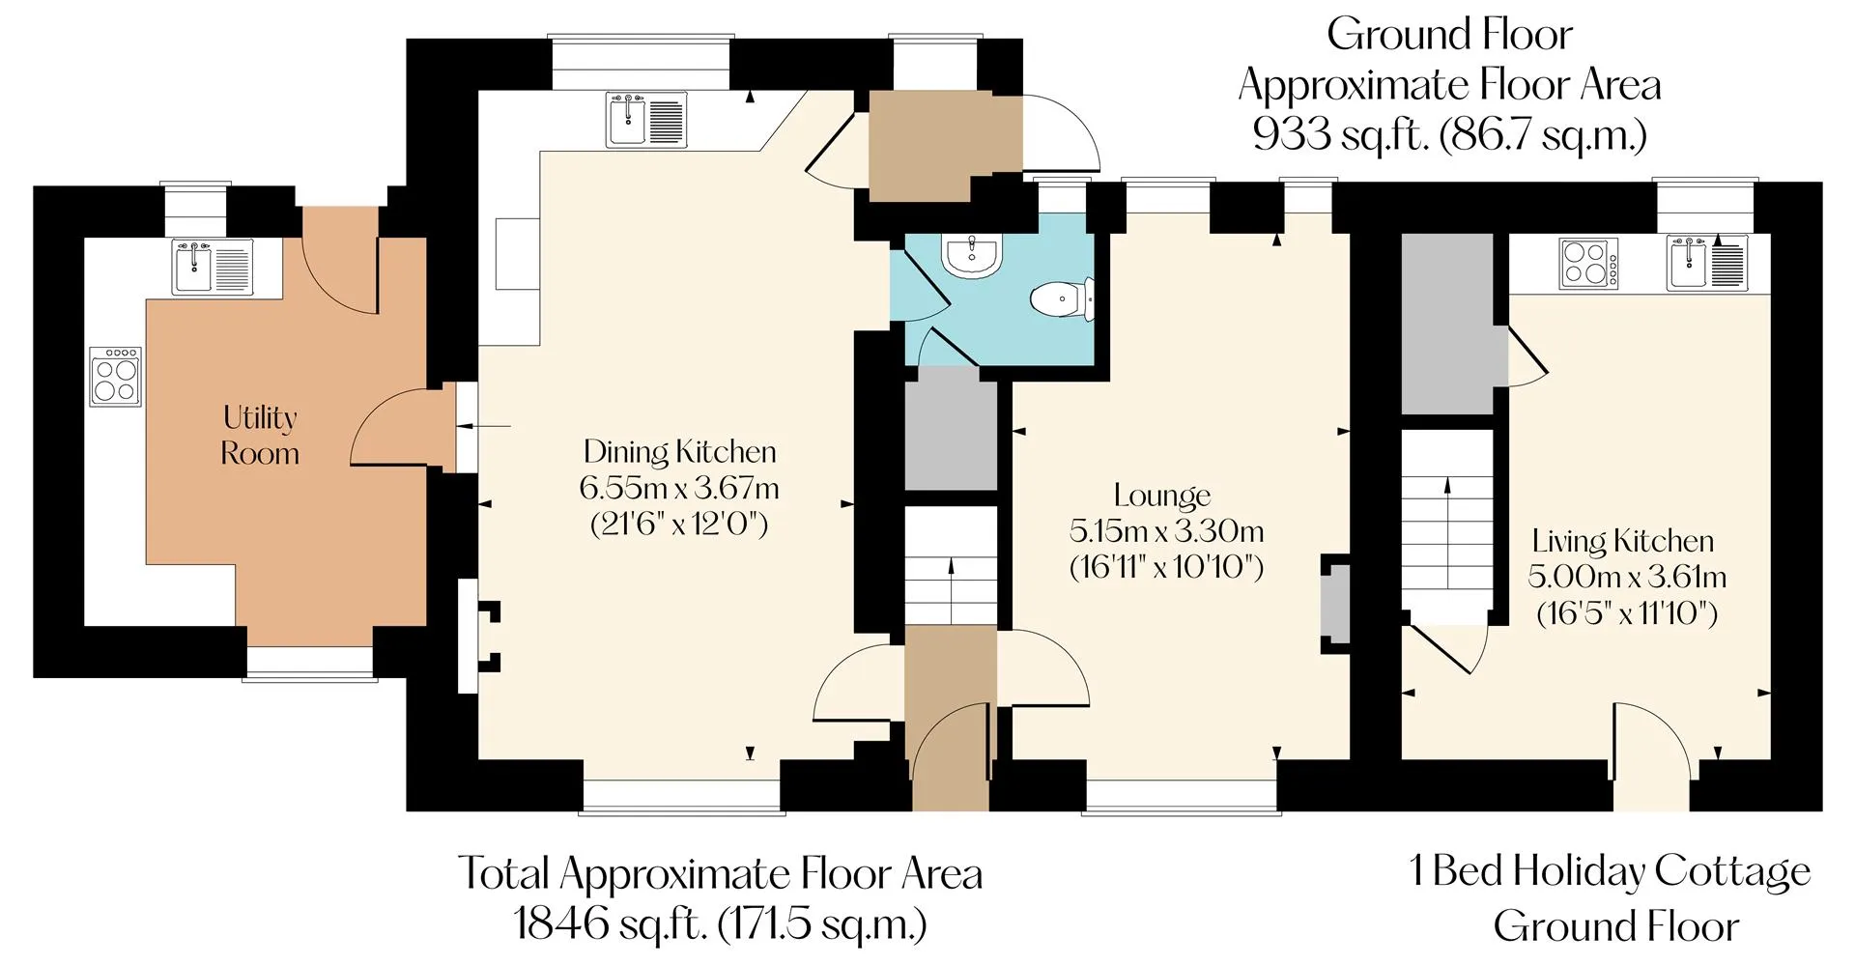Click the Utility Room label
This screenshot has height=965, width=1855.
tap(260, 435)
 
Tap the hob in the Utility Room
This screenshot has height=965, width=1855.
tap(116, 376)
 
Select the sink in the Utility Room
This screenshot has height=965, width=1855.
tap(213, 268)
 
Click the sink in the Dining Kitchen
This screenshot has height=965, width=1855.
tap(646, 120)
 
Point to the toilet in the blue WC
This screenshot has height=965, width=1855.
tap(1062, 298)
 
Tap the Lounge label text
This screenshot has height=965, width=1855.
tap(1162, 496)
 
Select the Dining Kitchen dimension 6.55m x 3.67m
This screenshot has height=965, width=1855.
tap(679, 488)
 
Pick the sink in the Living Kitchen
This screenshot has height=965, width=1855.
tap(1707, 263)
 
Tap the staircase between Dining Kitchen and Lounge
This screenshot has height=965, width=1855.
tap(951, 566)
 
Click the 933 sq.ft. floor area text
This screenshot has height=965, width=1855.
tap(1449, 134)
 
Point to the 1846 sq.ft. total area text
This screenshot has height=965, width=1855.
tap(720, 923)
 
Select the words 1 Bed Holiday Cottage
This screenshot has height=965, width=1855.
tap(1611, 871)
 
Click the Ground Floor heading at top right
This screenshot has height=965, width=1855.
tap(1449, 35)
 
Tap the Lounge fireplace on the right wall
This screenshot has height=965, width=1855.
tap(1334, 604)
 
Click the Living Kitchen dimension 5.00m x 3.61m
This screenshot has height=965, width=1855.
tap(1627, 577)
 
